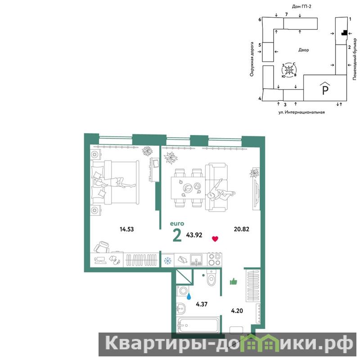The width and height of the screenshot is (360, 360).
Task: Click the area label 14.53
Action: [x=127, y=229]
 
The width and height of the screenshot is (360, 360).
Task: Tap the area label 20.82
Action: [x=242, y=229]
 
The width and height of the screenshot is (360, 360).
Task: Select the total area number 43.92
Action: [x=194, y=235]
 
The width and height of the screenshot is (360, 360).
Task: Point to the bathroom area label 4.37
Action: [x=202, y=304]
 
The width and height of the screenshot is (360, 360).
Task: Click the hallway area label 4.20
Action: [x=237, y=311]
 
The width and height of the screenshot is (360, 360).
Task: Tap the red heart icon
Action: [x=215, y=239]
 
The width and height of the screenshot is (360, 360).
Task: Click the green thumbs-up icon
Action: [x=234, y=282]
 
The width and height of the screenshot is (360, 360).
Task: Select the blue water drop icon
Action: [x=189, y=297]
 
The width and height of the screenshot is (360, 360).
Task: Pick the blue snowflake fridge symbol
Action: [x=167, y=261]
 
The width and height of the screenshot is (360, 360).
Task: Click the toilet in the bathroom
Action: [x=211, y=278]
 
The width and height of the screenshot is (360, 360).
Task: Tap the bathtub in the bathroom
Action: [x=198, y=324]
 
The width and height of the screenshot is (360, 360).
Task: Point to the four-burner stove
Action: [x=215, y=260]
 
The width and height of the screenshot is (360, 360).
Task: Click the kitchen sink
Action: [x=196, y=260]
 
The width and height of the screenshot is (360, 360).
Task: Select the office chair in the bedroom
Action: [x=102, y=247]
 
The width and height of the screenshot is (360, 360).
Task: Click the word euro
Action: [x=177, y=223]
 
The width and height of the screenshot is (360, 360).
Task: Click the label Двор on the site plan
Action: [x=303, y=50]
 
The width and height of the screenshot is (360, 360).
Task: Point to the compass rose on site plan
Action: [x=289, y=70]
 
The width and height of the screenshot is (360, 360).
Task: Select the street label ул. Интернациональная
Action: [x=301, y=112]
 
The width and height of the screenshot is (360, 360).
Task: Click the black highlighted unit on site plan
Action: [x=344, y=33]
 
